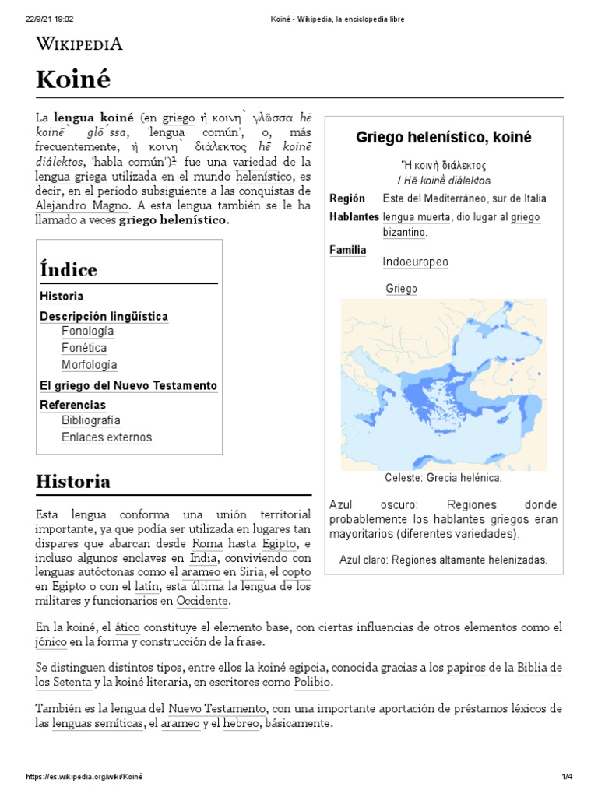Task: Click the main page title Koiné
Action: (x=73, y=79)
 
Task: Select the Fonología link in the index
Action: (x=88, y=332)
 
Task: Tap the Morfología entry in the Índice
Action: (x=90, y=365)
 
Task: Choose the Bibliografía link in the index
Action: (x=91, y=421)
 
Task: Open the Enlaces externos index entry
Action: (x=107, y=437)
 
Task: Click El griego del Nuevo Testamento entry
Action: (x=128, y=386)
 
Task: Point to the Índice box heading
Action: (x=69, y=270)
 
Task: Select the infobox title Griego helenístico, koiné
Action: (x=443, y=138)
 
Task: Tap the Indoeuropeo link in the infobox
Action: (x=415, y=262)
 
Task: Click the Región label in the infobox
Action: (x=347, y=198)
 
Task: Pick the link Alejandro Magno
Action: (x=84, y=205)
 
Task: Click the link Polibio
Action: (x=312, y=682)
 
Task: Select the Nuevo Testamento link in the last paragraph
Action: (x=217, y=709)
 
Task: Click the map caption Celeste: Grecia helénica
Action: (x=443, y=478)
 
